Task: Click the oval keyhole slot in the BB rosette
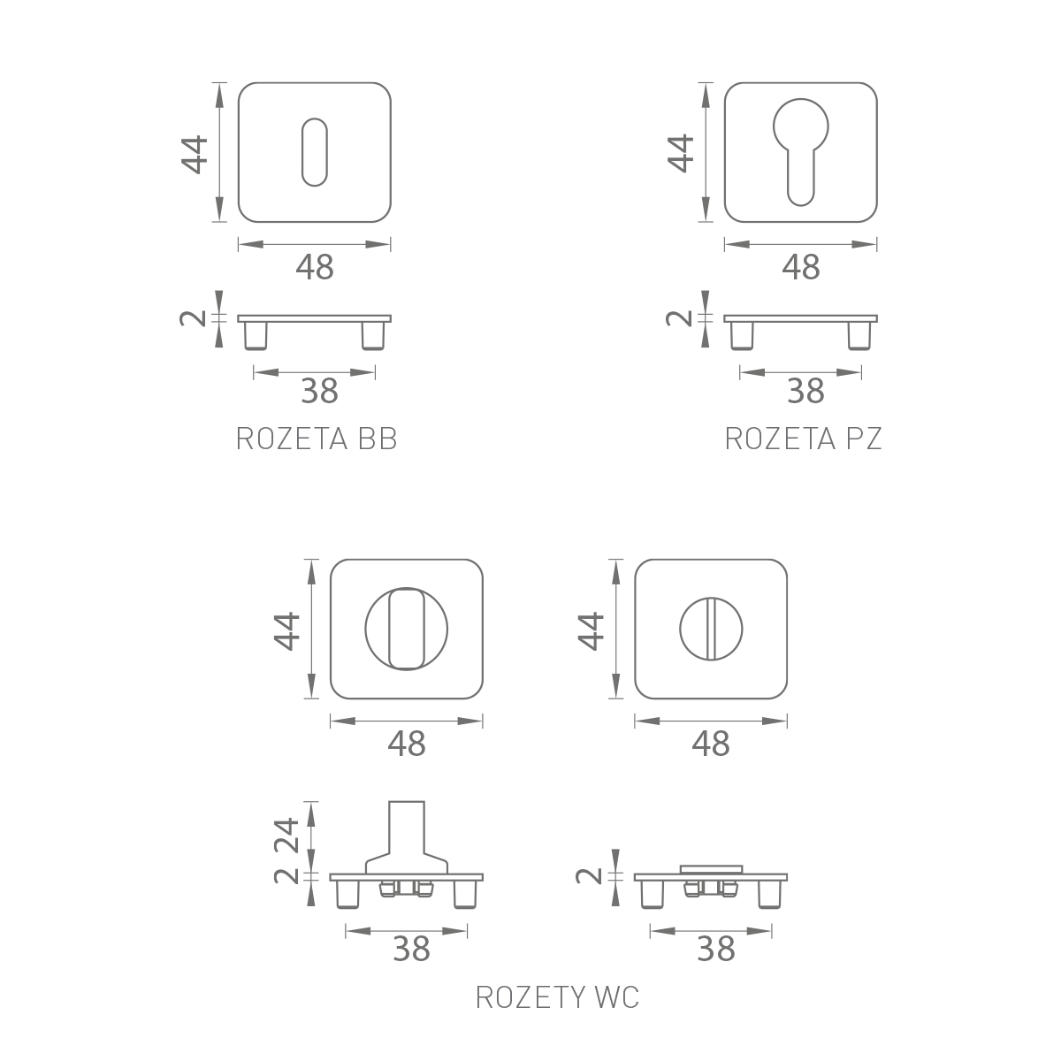pyautogui.click(x=315, y=152)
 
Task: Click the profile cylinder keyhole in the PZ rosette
pyautogui.click(x=800, y=152)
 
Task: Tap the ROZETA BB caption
pyautogui.click(x=316, y=439)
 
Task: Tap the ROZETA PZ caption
pyautogui.click(x=804, y=439)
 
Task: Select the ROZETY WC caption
pyautogui.click(x=557, y=997)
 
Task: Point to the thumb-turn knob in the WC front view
pyautogui.click(x=407, y=629)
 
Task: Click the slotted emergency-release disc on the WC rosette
pyautogui.click(x=711, y=629)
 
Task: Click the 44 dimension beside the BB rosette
pyautogui.click(x=195, y=155)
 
